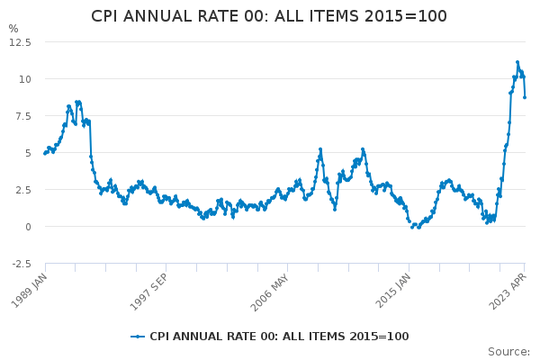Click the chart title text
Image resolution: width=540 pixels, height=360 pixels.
click(x=269, y=16)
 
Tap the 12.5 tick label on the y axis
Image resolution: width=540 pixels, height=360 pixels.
click(x=21, y=42)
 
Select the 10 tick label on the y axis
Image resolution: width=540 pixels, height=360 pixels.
click(x=25, y=79)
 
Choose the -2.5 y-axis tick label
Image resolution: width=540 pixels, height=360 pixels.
click(x=22, y=264)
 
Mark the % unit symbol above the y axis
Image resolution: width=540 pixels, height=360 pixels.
click(x=13, y=29)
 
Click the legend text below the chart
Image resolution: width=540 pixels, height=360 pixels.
click(x=279, y=337)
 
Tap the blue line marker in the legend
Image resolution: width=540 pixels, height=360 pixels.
click(x=138, y=337)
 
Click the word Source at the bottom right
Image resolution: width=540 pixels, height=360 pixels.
click(x=508, y=352)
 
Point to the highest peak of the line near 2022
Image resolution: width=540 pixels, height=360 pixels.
click(x=517, y=63)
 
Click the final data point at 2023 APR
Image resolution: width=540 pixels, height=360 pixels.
click(x=525, y=97)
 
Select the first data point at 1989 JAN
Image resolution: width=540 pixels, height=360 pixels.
click(x=45, y=153)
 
